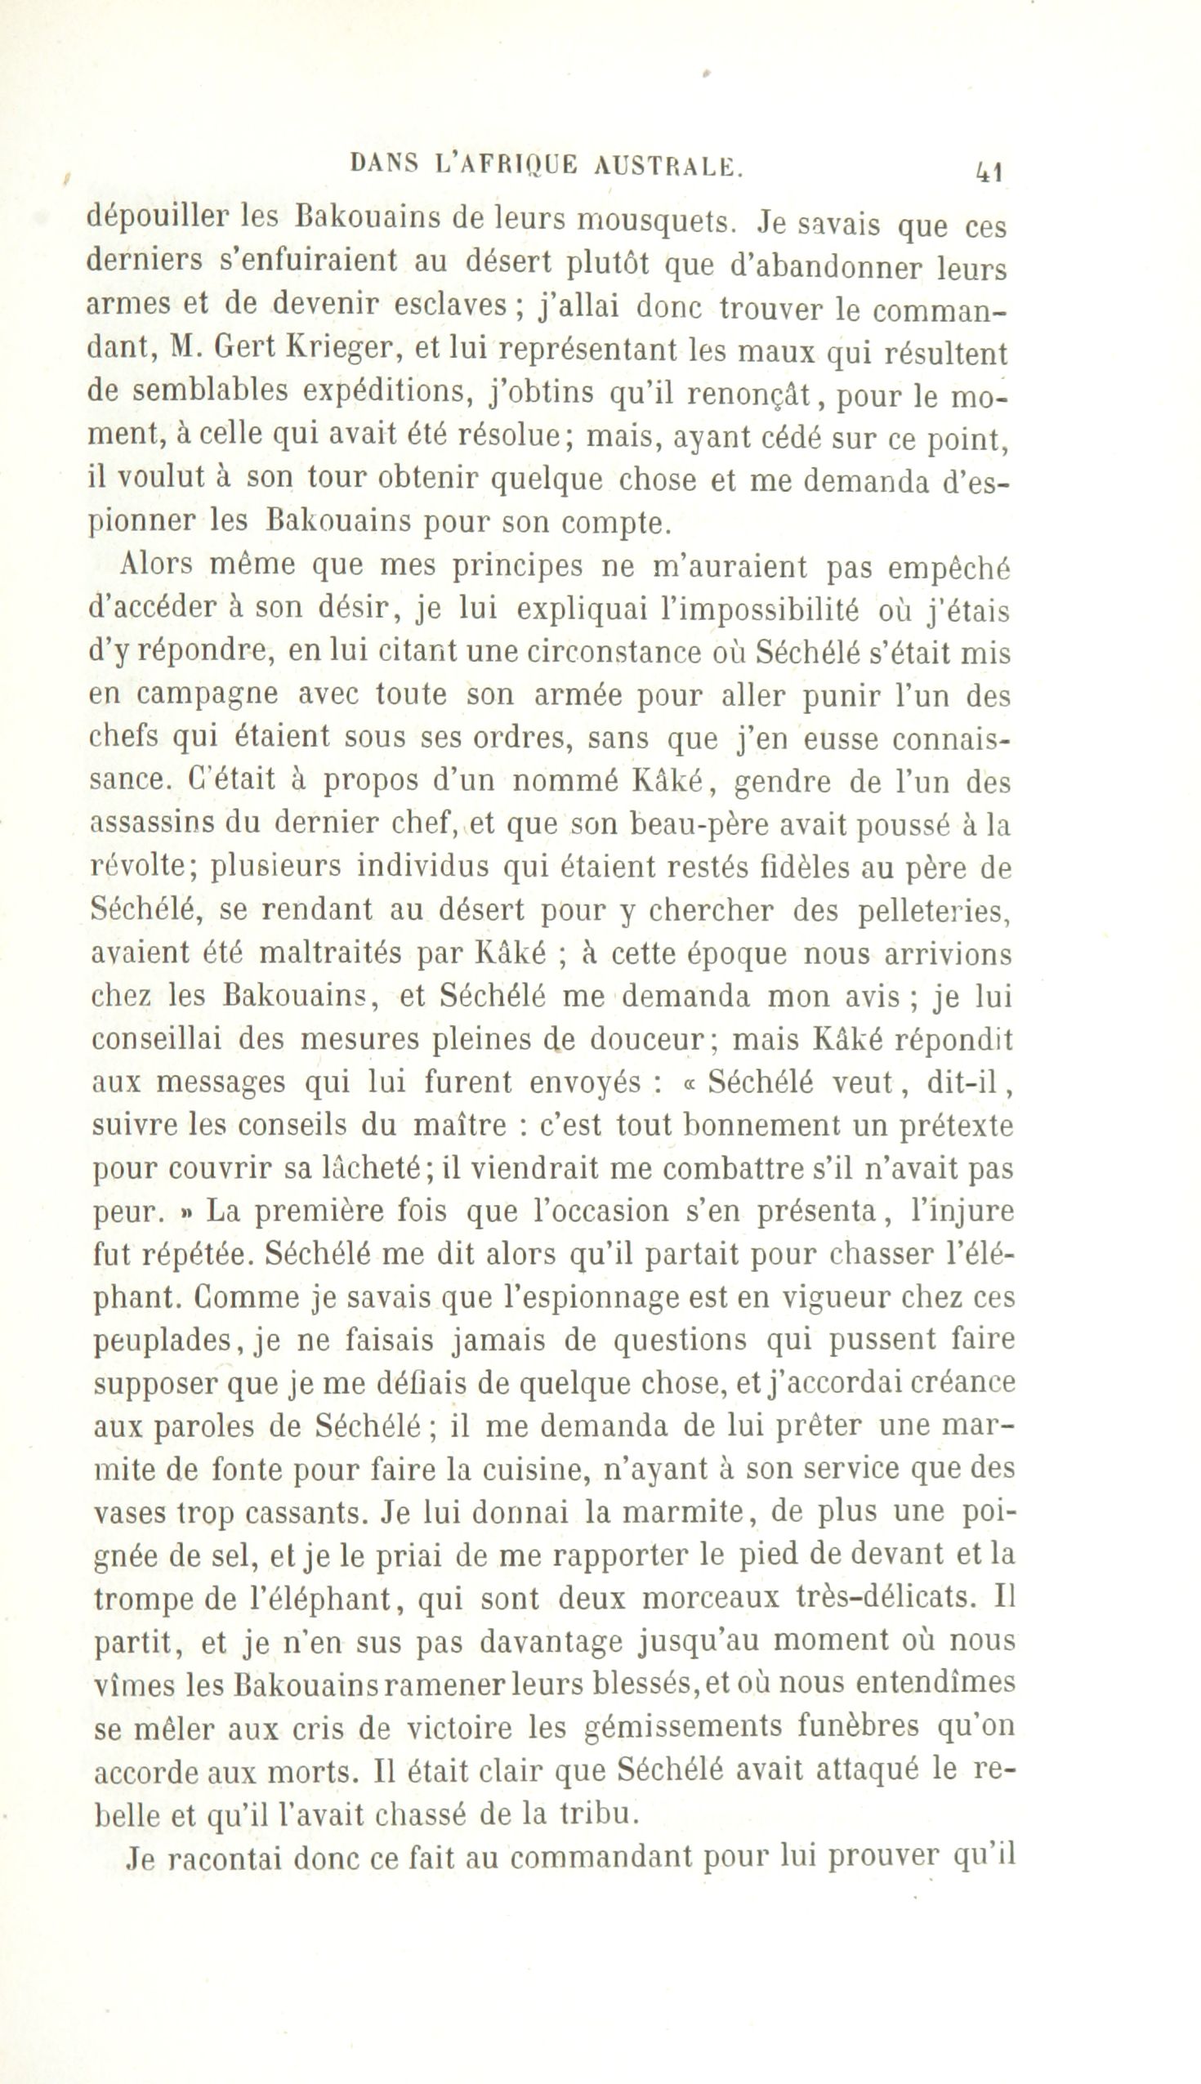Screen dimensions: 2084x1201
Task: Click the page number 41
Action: (x=989, y=172)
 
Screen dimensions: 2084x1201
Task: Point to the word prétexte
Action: (x=949, y=1127)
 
